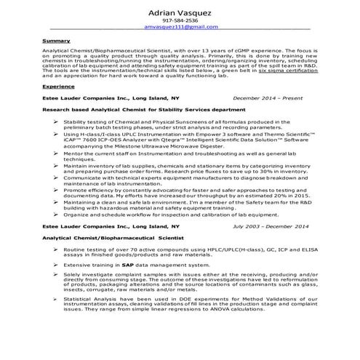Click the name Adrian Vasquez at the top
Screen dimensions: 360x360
pyautogui.click(x=180, y=12)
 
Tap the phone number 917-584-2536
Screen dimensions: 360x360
pyautogui.click(x=180, y=20)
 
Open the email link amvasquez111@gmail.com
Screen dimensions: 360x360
pyautogui.click(x=180, y=27)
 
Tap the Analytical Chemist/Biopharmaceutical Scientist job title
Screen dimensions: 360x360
pyautogui.click(x=110, y=238)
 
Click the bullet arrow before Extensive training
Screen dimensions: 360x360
pyautogui.click(x=56, y=266)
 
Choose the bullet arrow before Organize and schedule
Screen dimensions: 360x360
pyautogui.click(x=56, y=215)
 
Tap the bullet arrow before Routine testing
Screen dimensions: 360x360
pyautogui.click(x=56, y=249)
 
